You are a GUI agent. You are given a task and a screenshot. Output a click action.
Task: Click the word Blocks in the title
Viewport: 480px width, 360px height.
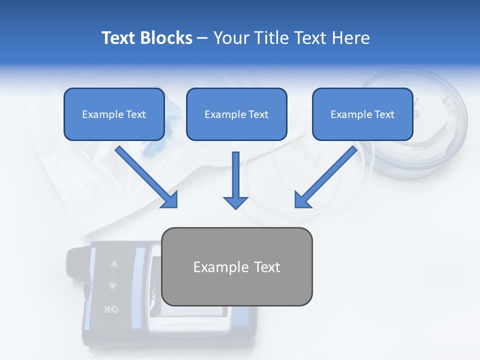[166, 38]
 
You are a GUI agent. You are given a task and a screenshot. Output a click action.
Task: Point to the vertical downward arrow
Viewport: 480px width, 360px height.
[235, 180]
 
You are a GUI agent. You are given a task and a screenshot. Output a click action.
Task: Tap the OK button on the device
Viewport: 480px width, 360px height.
[111, 309]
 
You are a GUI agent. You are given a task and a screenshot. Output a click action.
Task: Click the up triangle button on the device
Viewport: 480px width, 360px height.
[114, 263]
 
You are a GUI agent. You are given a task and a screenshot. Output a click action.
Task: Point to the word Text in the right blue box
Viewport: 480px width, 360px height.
[384, 114]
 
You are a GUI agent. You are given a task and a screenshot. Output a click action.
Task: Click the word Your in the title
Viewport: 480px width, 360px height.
[230, 38]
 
